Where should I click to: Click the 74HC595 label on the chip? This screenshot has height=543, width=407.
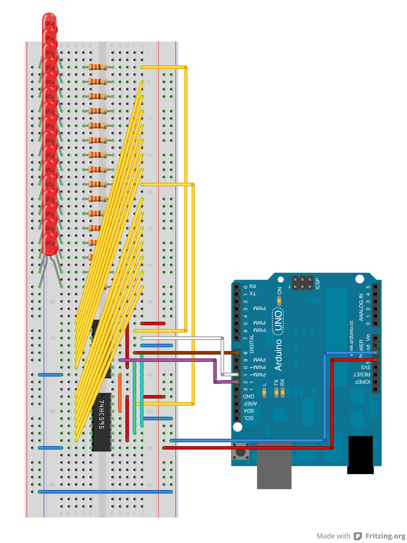click(101, 414)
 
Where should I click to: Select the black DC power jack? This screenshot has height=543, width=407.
click(361, 454)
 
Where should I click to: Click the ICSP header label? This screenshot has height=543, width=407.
click(317, 283)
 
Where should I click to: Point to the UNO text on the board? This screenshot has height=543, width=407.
click(278, 321)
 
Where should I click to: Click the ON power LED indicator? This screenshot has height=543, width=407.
click(279, 301)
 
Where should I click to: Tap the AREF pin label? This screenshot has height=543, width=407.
click(250, 404)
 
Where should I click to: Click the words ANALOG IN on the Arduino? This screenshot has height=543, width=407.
click(361, 307)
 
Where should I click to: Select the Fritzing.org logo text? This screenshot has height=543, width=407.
click(385, 536)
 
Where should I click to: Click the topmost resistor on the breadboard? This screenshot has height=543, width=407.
click(98, 67)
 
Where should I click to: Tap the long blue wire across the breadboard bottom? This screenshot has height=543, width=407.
click(105, 491)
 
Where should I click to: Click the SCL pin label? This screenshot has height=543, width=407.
click(249, 418)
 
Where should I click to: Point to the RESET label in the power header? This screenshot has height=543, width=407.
click(362, 374)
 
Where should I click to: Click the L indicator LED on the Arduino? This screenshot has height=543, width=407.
click(264, 393)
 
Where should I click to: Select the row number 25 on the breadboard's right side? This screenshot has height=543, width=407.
click(150, 228)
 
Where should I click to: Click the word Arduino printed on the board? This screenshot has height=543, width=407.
click(278, 355)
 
